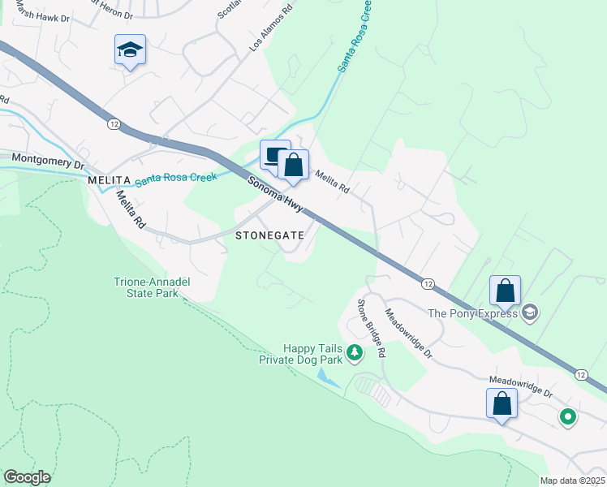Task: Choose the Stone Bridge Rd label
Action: click(372, 328)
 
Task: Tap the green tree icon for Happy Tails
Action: click(354, 352)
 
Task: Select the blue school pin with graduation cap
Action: click(130, 50)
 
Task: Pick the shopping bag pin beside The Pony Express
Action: click(505, 291)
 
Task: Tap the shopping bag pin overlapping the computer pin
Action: click(294, 165)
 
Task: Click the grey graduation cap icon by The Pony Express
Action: click(530, 312)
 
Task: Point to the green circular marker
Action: click(568, 417)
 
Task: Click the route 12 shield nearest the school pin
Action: click(114, 123)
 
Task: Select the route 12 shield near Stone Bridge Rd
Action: click(426, 282)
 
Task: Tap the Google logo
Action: click(28, 477)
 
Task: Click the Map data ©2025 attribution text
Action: click(572, 481)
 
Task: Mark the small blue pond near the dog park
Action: click(329, 377)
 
